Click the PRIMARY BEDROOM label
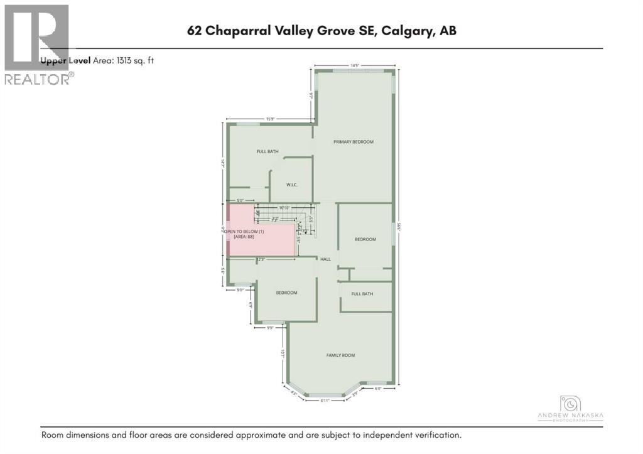[x=353, y=142]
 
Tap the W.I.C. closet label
[x=291, y=185]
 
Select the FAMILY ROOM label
[x=340, y=355]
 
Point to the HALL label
[x=325, y=259]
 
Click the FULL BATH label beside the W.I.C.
[x=267, y=151]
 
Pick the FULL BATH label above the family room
[x=362, y=294]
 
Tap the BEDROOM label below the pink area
[x=286, y=293]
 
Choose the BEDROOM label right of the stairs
[x=365, y=239]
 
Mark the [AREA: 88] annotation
[x=244, y=237]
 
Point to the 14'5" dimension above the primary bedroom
[x=354, y=65]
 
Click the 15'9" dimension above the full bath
[x=271, y=119]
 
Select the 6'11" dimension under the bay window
[x=325, y=401]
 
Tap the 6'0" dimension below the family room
[x=378, y=388]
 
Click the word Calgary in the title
[x=407, y=31]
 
